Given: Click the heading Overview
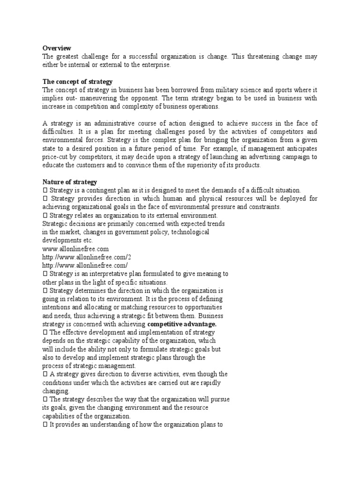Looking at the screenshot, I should (x=57, y=48).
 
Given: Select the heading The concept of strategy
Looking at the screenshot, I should (x=77, y=82).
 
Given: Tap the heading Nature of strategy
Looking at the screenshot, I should (x=69, y=181).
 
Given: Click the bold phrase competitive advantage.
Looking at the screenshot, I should (x=182, y=324).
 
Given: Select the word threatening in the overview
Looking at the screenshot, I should (x=259, y=56).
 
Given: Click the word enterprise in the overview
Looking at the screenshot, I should (x=156, y=65).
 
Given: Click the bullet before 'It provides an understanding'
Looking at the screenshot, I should (x=45, y=424).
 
